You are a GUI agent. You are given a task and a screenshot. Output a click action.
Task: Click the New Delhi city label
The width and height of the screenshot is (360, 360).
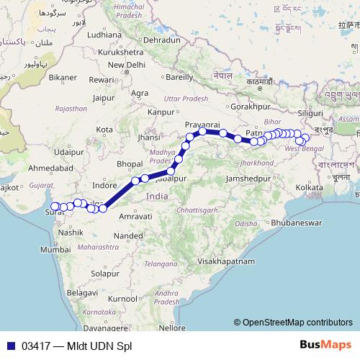pyautogui.click(x=126, y=65)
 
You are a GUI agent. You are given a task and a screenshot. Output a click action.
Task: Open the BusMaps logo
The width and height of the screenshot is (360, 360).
pyautogui.click(x=325, y=344)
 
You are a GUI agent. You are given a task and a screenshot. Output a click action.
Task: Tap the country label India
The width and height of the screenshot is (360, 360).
pyautogui.click(x=157, y=196)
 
